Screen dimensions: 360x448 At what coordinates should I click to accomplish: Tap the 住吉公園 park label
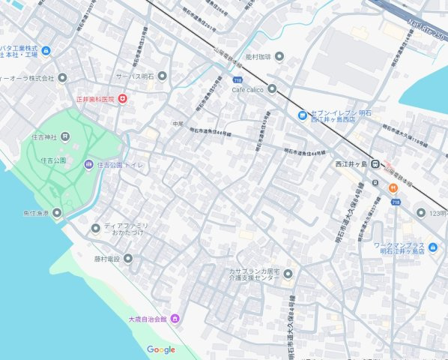[49, 160]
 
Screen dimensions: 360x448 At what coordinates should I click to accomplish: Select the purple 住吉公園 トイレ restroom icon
[88, 164]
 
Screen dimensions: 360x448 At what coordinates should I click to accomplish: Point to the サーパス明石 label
[134, 76]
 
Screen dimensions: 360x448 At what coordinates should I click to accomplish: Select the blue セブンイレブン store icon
[302, 115]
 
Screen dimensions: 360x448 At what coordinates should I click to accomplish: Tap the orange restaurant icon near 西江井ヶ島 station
[393, 187]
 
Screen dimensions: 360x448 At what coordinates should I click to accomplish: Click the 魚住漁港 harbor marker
[57, 213]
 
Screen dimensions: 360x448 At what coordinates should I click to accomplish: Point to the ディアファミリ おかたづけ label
[126, 229]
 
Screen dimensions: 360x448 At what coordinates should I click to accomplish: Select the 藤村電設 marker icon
[127, 259]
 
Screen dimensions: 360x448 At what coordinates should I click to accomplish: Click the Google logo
[161, 349]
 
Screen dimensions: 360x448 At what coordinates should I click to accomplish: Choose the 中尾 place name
[177, 123]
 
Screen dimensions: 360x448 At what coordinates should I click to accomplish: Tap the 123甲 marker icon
[421, 213]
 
